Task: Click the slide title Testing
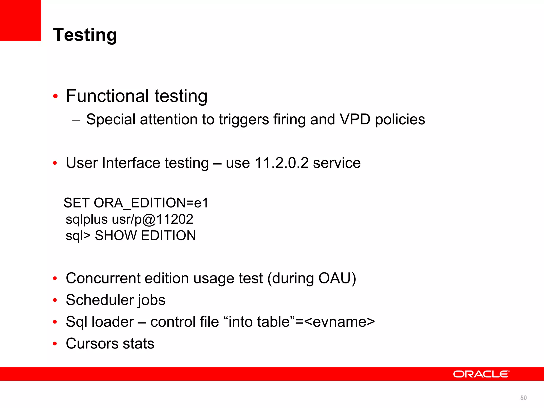(x=85, y=35)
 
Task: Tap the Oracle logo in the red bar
(x=481, y=374)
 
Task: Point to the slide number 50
(x=523, y=398)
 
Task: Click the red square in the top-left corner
(x=20, y=20)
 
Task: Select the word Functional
(x=107, y=96)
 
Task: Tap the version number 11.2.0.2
(x=282, y=163)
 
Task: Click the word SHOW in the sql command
(x=116, y=236)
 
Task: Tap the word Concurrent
(x=103, y=278)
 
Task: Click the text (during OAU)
(x=312, y=279)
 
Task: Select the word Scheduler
(x=100, y=300)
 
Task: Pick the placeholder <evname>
(x=339, y=322)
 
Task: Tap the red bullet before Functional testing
(x=55, y=96)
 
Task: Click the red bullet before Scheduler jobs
(x=55, y=300)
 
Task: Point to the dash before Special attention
(x=76, y=121)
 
